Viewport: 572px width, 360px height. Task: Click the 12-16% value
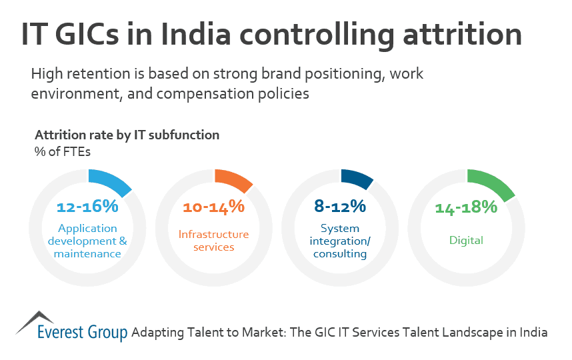tap(87, 207)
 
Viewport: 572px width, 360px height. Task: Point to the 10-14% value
tap(213, 207)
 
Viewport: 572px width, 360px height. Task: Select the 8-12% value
tap(340, 207)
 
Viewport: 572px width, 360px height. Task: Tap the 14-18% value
tap(466, 207)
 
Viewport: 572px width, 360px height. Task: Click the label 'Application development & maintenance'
tap(88, 241)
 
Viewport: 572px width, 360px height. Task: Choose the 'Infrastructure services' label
tap(213, 241)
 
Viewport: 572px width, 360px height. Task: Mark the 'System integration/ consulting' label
tap(340, 241)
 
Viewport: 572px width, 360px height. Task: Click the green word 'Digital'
tap(466, 241)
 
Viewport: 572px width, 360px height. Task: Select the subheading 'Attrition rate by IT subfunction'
tap(127, 135)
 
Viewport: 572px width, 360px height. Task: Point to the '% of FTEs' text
tap(62, 151)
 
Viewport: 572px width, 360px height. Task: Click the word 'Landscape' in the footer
tap(474, 332)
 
